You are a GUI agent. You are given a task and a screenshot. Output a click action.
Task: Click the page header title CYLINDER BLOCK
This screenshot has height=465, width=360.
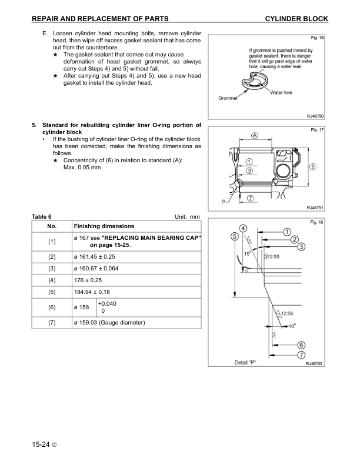pyautogui.click(x=296, y=19)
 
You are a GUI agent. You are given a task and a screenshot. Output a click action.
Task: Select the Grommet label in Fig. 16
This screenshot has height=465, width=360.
pyautogui.click(x=228, y=98)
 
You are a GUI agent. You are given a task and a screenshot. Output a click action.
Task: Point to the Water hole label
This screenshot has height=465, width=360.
pyautogui.click(x=281, y=93)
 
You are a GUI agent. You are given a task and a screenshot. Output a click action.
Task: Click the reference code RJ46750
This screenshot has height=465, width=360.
pyautogui.click(x=315, y=116)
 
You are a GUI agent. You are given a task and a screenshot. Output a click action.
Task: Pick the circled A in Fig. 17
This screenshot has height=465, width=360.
pyautogui.click(x=255, y=135)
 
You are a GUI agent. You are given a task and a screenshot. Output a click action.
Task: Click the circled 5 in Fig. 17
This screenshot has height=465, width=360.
pyautogui.click(x=312, y=166)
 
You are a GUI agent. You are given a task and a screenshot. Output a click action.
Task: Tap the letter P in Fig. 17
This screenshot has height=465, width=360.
pyautogui.click(x=223, y=202)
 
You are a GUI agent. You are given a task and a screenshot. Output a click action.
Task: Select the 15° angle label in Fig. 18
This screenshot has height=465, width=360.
pyautogui.click(x=248, y=255)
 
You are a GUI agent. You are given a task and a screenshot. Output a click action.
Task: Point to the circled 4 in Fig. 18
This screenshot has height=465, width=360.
pyautogui.click(x=242, y=228)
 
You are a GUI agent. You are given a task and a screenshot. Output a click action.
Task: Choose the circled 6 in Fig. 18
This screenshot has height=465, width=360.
pyautogui.click(x=301, y=345)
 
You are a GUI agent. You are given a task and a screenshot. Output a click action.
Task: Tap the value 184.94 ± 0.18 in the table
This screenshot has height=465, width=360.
pyautogui.click(x=93, y=292)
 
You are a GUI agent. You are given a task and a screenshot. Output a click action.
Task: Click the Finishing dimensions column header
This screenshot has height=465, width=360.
pyautogui.click(x=104, y=226)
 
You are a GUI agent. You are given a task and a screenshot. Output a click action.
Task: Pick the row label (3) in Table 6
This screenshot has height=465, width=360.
pyautogui.click(x=52, y=268)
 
